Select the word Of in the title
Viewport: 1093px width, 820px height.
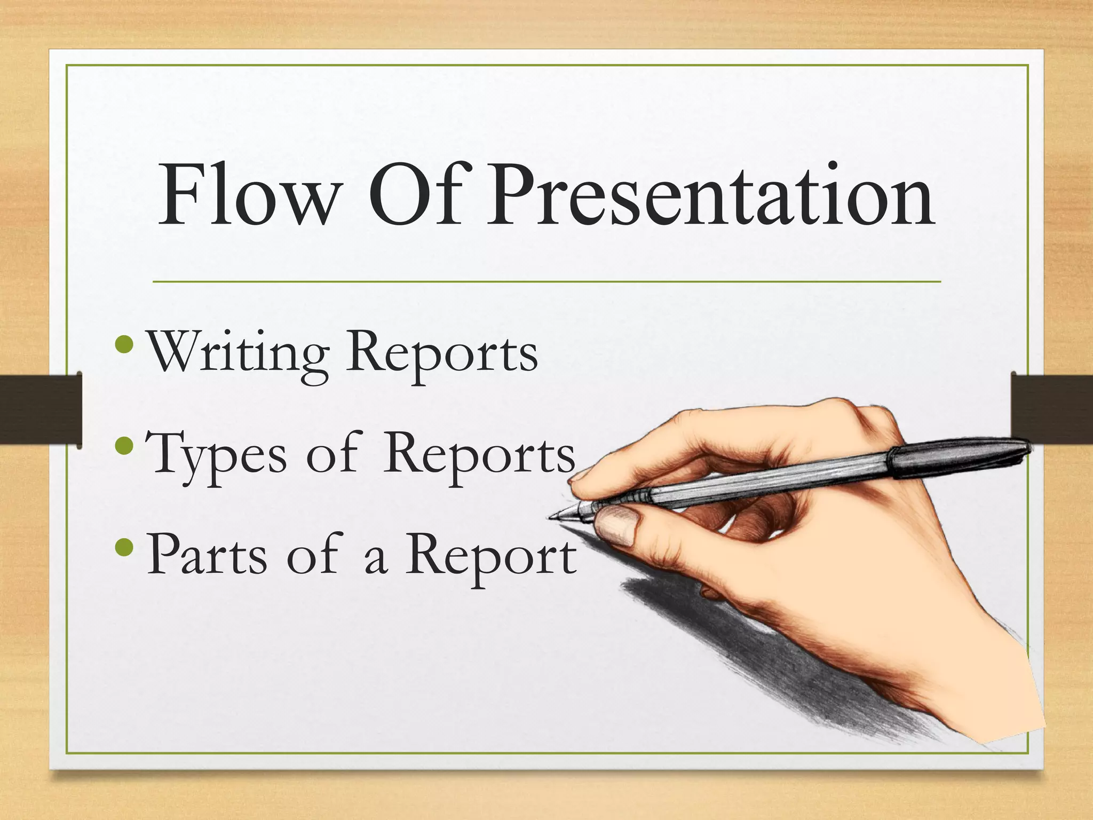416,195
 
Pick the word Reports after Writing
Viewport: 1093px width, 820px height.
442,354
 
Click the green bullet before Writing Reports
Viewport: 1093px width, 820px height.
126,345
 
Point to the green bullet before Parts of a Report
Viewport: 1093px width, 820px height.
126,546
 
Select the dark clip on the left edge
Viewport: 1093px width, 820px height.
41,410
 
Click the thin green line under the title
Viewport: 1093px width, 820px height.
546,281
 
